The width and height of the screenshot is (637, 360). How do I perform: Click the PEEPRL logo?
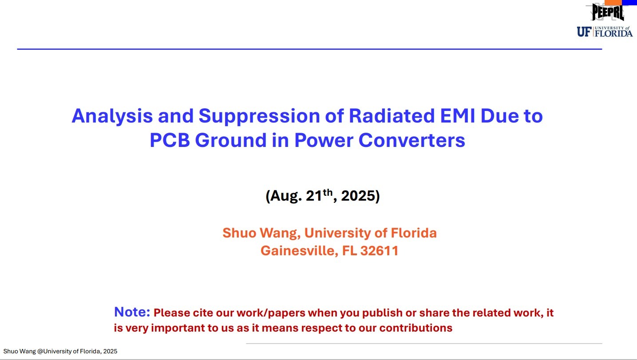[x=608, y=12]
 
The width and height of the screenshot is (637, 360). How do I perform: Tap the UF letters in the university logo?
[x=584, y=32]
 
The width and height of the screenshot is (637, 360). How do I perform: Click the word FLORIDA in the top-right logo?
[x=613, y=34]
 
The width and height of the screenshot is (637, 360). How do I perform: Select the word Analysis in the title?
[x=112, y=116]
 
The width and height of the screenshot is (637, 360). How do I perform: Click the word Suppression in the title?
[x=259, y=116]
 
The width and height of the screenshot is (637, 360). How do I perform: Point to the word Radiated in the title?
[x=392, y=116]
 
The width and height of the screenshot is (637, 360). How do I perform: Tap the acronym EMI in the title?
[x=457, y=116]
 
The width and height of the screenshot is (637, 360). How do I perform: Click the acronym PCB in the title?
[x=170, y=140]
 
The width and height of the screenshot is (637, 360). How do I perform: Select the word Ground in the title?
[x=231, y=140]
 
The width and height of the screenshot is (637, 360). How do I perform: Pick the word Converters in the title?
[x=412, y=140]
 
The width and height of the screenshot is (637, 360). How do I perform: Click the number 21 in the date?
[x=314, y=196]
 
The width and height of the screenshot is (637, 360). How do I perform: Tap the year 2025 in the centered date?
[x=358, y=196]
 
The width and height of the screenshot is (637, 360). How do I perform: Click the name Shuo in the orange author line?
[x=239, y=233]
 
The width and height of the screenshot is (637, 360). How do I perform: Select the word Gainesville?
[x=300, y=251]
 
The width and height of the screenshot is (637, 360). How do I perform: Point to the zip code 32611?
[x=380, y=251]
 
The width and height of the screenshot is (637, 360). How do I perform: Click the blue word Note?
[x=132, y=312]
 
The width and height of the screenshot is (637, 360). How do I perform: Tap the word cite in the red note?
[x=203, y=313]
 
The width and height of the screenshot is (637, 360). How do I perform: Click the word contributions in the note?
[x=416, y=328]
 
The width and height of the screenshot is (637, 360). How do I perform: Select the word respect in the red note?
[x=321, y=328]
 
